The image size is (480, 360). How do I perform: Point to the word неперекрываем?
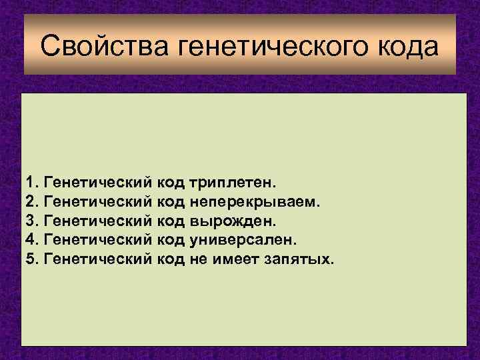coord(255,201)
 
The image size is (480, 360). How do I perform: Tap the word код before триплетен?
coord(171,181)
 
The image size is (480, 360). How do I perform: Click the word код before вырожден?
coord(171,220)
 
